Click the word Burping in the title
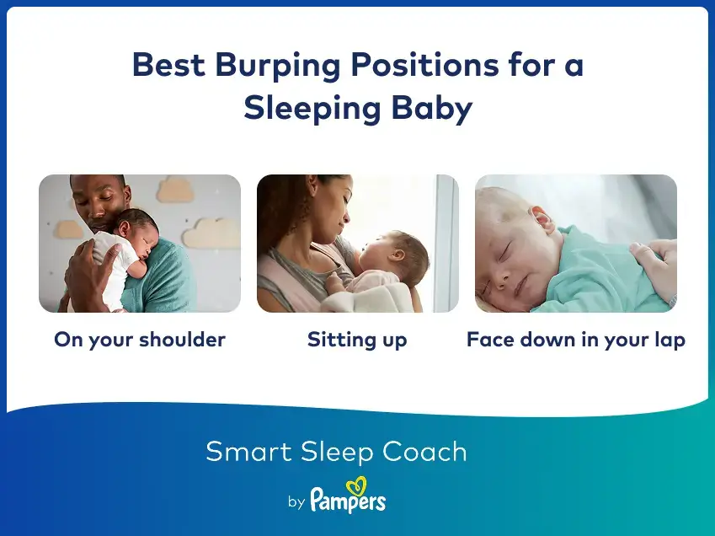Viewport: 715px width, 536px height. tap(255, 67)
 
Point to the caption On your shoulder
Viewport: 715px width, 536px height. tap(140, 340)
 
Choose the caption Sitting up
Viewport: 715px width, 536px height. tap(357, 340)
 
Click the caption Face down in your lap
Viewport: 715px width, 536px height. tap(576, 340)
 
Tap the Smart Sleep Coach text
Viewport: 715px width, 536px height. tap(336, 452)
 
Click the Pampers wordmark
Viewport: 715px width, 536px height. tap(348, 501)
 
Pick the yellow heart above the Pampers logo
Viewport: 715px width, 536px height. tap(358, 485)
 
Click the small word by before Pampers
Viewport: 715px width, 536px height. tap(296, 502)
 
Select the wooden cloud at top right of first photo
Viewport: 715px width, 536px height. tap(173, 189)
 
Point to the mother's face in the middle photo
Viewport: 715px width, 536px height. tap(325, 211)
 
